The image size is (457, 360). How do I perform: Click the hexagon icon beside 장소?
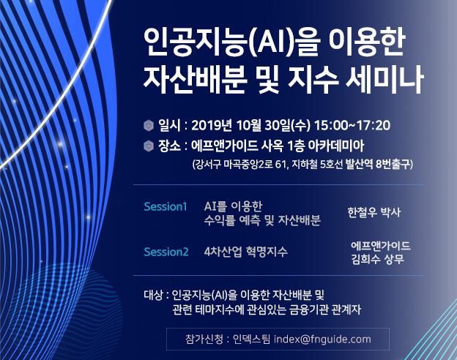pos(149,146)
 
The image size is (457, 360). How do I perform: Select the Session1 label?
pos(166,206)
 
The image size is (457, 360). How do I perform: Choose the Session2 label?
pos(166,252)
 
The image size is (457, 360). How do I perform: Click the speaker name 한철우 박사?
pos(375,212)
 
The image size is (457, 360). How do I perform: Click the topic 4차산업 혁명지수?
pos(246,252)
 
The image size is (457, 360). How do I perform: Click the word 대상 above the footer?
pos(153,295)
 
